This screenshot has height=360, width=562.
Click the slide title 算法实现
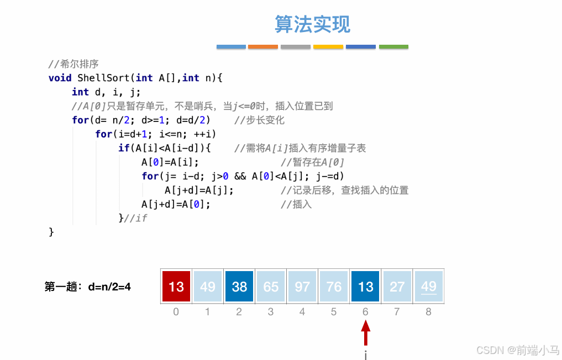tap(313, 24)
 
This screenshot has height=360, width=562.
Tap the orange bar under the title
tap(263, 47)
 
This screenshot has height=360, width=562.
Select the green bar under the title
tap(393, 47)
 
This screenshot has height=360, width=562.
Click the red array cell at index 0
tap(176, 287)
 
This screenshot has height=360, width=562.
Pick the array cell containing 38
tap(239, 287)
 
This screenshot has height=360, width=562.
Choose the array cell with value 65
tap(271, 287)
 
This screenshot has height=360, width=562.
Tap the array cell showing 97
tap(302, 287)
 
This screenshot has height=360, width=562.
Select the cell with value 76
tap(334, 287)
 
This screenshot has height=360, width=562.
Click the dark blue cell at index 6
tap(365, 287)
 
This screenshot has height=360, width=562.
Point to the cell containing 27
tap(397, 287)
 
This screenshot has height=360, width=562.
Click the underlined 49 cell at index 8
tap(428, 287)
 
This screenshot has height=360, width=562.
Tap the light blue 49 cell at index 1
tap(208, 287)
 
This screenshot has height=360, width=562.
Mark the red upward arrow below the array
tap(365, 333)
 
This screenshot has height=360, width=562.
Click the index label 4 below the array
tap(302, 312)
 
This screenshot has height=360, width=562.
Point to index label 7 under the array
tap(397, 312)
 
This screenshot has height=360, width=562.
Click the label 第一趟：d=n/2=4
tap(87, 287)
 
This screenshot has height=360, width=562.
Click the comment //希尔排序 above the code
tap(73, 64)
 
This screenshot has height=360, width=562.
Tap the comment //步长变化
tap(259, 120)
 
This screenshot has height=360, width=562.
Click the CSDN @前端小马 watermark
tap(517, 350)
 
